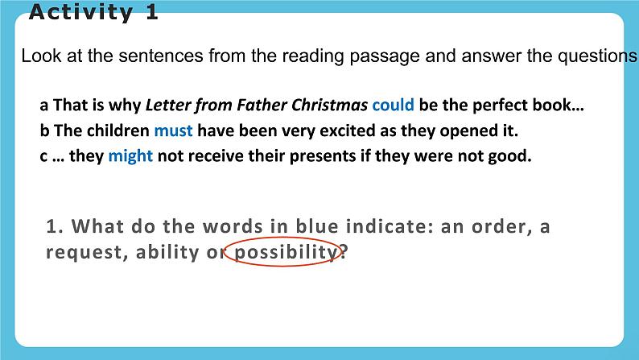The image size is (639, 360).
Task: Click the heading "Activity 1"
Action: [x=93, y=13]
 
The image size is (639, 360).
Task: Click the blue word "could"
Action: [x=393, y=105]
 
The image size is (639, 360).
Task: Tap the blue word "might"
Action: [x=130, y=156]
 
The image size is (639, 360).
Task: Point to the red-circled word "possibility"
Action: [x=284, y=252]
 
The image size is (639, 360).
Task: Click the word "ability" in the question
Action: [x=169, y=252]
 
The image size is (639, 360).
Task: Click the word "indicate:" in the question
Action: [x=390, y=227]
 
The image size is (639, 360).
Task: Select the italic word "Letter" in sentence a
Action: [x=167, y=105]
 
